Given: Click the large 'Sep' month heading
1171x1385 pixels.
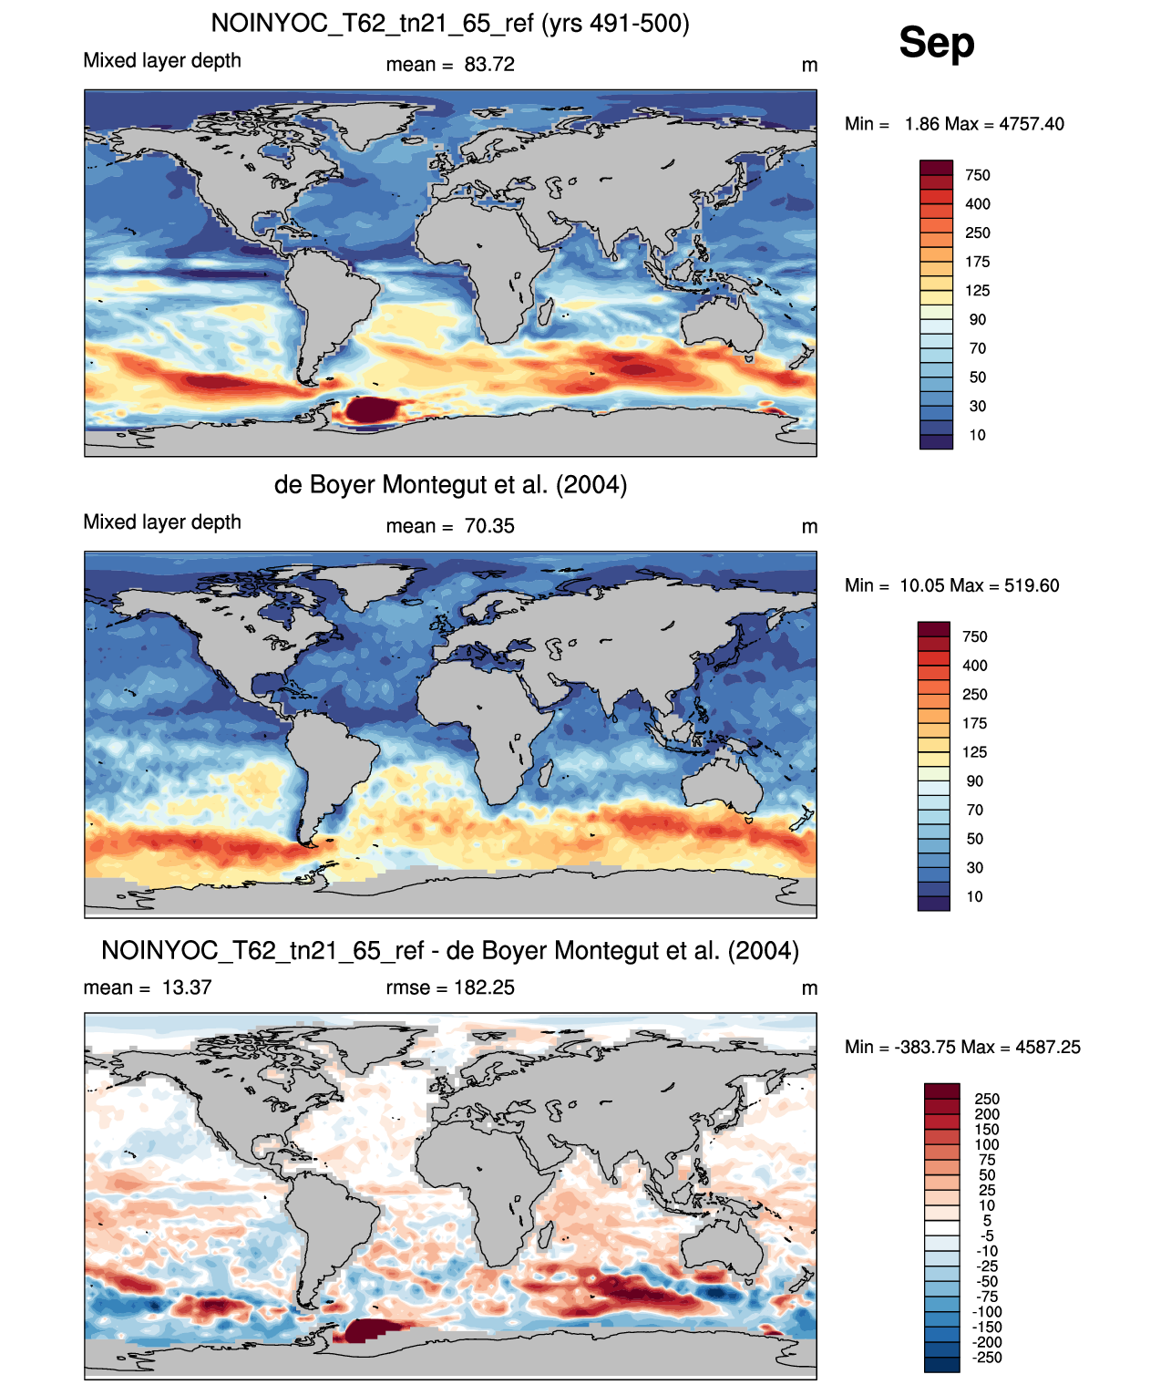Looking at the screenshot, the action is coord(936,44).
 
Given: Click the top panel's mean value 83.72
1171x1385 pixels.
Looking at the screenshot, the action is coord(489,65).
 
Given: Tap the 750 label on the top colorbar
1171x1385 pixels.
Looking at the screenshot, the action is coord(978,175).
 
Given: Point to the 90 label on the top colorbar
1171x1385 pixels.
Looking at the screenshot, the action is coord(978,320).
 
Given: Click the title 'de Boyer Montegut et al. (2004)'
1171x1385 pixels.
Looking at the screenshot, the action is coord(450,484).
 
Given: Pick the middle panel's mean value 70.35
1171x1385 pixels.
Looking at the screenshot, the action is coord(489,526).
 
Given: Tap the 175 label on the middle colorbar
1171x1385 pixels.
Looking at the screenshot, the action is coord(975,723).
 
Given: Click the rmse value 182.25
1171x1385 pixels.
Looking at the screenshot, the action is coord(484,987).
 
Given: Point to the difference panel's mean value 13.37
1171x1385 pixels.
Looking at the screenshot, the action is coord(187,987).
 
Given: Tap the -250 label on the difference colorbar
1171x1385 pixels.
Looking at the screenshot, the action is coord(988,1358).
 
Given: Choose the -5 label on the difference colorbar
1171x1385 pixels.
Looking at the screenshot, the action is coord(988,1235).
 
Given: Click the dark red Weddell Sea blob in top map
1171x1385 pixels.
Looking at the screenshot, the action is coord(370,409).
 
